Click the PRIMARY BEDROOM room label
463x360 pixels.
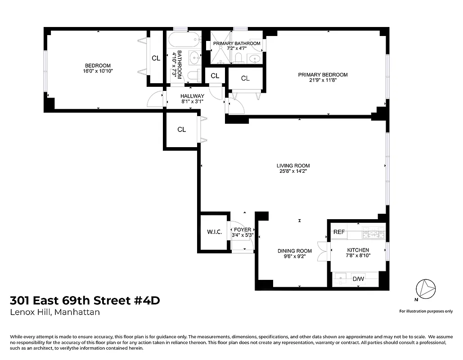pos(323,75)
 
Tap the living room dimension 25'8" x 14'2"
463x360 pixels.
pos(293,171)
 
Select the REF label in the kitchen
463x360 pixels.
pos(339,232)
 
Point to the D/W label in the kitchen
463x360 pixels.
pos(358,279)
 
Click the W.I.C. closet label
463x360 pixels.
pos(213,232)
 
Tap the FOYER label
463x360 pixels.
pos(243,229)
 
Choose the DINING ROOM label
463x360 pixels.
pos(295,251)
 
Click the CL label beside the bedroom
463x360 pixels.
pos(156,58)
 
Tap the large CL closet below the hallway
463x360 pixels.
pos(181,130)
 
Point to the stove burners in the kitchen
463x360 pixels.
pos(374,233)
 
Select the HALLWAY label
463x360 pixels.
pos(192,96)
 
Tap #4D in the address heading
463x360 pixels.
pos(144,300)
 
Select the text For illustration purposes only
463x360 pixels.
pos(426,311)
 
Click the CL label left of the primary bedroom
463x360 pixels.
pos(245,78)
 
